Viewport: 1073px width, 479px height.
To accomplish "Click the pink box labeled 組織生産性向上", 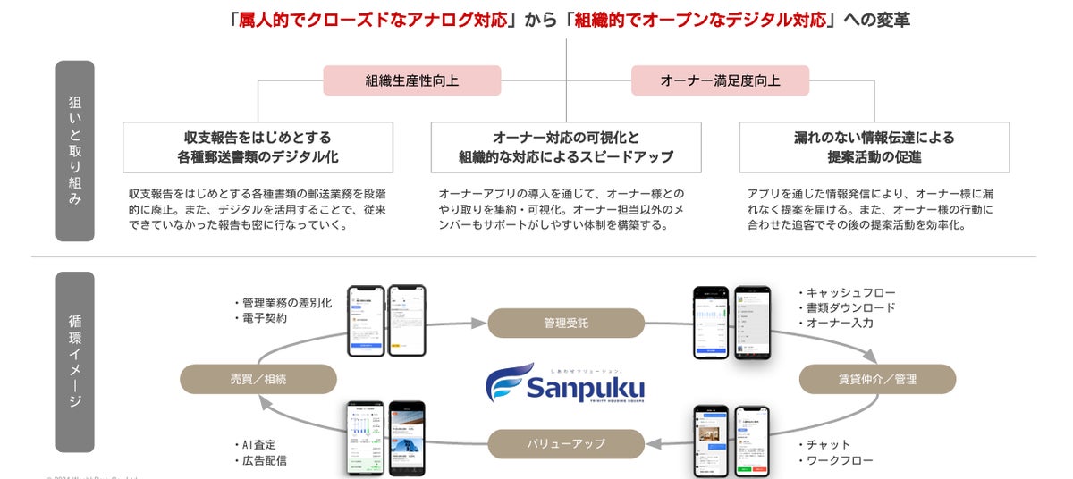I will [x=411, y=80].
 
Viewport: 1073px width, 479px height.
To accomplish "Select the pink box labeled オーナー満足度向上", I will [x=720, y=80].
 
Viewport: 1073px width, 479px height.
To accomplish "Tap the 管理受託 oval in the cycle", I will [x=566, y=323].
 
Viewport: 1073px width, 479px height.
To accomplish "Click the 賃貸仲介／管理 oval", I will [x=876, y=379].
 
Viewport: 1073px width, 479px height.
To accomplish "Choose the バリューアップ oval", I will [x=566, y=443].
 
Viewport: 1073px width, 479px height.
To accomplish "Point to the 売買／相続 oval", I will [x=258, y=379].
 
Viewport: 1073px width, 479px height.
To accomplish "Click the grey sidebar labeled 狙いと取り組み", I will [x=74, y=150].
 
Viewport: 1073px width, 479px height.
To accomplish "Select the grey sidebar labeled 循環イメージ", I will [x=74, y=362].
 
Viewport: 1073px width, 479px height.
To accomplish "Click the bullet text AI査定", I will [x=263, y=444].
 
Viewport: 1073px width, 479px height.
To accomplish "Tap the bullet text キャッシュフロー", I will [x=849, y=292].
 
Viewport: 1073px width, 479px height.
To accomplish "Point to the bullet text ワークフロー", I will [x=839, y=460].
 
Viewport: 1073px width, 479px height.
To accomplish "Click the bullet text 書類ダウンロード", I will [x=849, y=307].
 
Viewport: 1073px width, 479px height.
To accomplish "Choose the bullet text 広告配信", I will [x=263, y=460].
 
